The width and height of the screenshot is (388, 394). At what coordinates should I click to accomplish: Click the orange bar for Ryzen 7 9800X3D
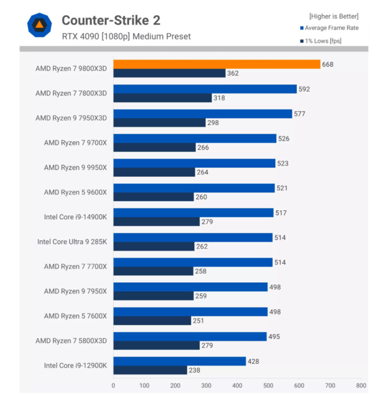pos(217,64)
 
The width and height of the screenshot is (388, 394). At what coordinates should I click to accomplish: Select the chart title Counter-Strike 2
pos(111,20)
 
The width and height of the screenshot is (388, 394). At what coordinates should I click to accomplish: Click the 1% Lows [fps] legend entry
pos(323,41)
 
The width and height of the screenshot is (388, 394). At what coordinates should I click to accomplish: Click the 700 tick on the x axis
pos(330,386)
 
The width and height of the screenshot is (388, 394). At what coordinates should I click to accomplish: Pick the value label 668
pos(327,64)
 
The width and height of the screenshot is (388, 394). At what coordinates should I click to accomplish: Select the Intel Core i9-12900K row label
pos(75,365)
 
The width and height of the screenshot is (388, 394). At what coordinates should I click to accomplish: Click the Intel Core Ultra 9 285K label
pos(72,242)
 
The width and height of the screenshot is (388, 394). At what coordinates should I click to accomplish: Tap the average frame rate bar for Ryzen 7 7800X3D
pos(205,89)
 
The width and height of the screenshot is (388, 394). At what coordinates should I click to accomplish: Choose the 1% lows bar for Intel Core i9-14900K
pos(157,222)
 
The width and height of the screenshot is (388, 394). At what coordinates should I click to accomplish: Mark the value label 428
pos(253,361)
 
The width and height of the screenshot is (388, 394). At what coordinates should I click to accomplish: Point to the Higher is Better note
pos(334,16)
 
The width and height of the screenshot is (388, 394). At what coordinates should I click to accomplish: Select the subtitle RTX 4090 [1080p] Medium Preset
pos(126,36)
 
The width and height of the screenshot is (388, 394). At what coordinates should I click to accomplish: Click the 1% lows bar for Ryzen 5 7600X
pos(152,321)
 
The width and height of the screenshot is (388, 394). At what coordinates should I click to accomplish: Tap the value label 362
pos(233,73)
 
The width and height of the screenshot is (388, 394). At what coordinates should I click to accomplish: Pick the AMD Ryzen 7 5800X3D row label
pos(71,340)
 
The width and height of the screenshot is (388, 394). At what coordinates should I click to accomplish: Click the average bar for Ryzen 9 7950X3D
pos(202,114)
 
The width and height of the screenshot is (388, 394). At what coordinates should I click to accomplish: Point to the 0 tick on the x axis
pos(113,386)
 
